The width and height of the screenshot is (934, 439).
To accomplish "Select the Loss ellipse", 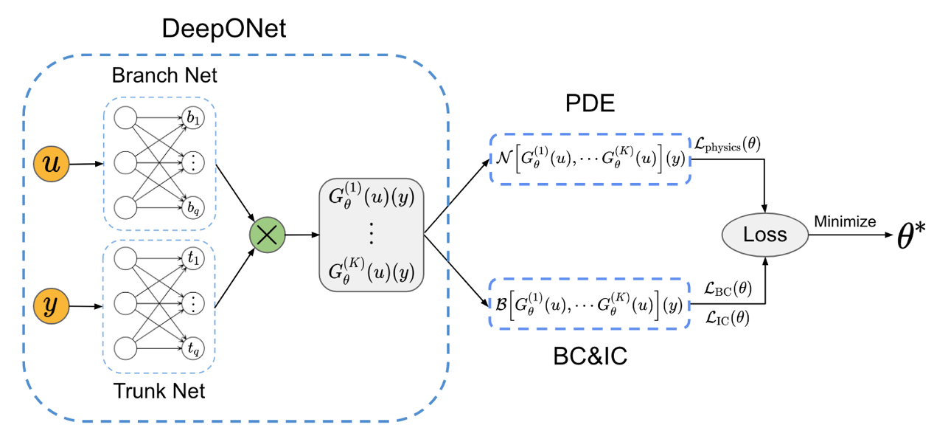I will pyautogui.click(x=764, y=235).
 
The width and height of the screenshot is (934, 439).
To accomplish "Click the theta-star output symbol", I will pyautogui.click(x=911, y=236).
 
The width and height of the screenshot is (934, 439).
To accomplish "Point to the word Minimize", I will pyautogui.click(x=844, y=221).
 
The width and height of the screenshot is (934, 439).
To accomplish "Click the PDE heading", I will pyautogui.click(x=590, y=104).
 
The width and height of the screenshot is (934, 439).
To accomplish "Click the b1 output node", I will pyautogui.click(x=193, y=117).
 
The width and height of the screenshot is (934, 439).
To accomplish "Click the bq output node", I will pyautogui.click(x=193, y=207).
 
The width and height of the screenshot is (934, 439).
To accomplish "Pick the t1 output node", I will pyautogui.click(x=193, y=257).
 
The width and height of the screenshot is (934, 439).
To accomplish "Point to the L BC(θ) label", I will pyautogui.click(x=728, y=290).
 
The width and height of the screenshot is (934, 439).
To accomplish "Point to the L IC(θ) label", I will pyautogui.click(x=727, y=318).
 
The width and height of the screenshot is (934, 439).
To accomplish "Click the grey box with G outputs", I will pyautogui.click(x=371, y=233).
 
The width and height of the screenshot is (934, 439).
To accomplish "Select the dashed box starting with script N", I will pyautogui.click(x=589, y=159).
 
